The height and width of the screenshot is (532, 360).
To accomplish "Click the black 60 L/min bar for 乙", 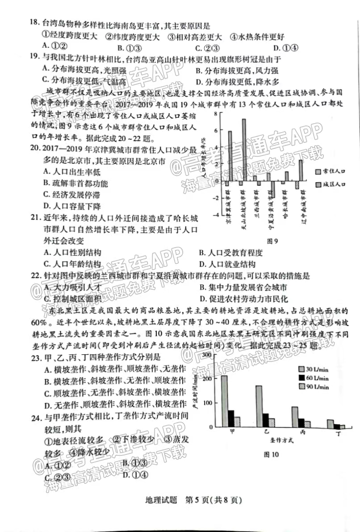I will (266, 420).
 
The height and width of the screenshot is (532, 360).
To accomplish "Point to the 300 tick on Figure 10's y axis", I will (206, 355).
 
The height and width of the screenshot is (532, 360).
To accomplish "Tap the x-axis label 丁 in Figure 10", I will (339, 433).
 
